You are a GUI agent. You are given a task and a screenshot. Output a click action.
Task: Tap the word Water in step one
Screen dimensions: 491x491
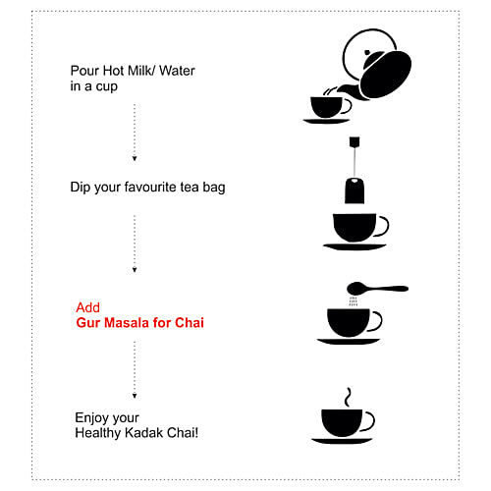pos(177,71)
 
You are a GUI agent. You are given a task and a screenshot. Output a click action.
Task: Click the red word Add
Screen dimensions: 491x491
pos(87,307)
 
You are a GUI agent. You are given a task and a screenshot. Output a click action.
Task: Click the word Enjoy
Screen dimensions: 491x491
pos(91,418)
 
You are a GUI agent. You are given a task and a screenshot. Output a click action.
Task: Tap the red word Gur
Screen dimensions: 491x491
pos(88,323)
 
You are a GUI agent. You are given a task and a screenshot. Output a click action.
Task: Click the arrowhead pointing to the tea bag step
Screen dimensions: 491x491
pos(135,158)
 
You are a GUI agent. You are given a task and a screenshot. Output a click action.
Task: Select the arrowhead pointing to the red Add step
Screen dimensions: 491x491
pos(135,270)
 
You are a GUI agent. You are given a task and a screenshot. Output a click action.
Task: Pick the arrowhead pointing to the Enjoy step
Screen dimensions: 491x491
pos(135,396)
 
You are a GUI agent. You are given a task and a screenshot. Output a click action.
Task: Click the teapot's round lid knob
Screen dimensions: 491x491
pos(367,52)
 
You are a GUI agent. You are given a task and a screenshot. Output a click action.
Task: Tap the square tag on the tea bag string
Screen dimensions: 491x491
pos(355,141)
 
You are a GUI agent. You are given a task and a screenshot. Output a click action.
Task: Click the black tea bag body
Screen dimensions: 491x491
pos(355,191)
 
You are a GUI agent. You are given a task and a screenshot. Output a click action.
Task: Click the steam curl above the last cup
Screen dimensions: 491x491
pos(348,398)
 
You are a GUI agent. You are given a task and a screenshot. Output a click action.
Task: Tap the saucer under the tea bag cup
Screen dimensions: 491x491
pos(355,246)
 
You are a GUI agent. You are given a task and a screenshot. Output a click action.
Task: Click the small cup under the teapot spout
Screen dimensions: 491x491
pos(327,107)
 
